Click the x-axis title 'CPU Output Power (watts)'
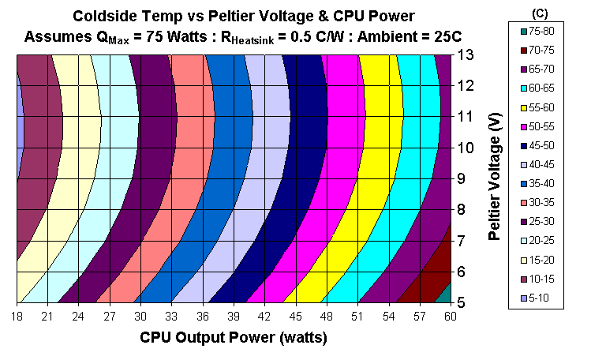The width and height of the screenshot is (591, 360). [233, 338]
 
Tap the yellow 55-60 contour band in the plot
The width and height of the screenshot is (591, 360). [379, 158]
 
